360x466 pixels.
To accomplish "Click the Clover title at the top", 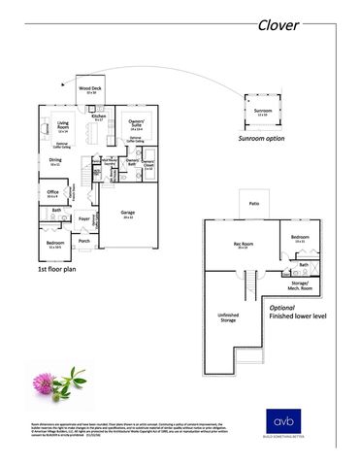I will (x=279, y=24).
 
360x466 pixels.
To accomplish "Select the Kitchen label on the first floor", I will (x=98, y=116).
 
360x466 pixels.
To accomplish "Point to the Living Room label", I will (x=62, y=124).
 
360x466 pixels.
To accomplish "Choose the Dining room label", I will (x=55, y=160).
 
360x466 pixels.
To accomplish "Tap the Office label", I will (x=53, y=192).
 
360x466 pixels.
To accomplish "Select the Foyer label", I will (x=84, y=218).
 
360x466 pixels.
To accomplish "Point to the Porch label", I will (x=84, y=241).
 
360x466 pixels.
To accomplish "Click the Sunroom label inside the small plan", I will (x=262, y=112).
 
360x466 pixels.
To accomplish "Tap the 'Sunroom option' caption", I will (x=262, y=140).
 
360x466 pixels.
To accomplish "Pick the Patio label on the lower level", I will (x=253, y=204).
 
